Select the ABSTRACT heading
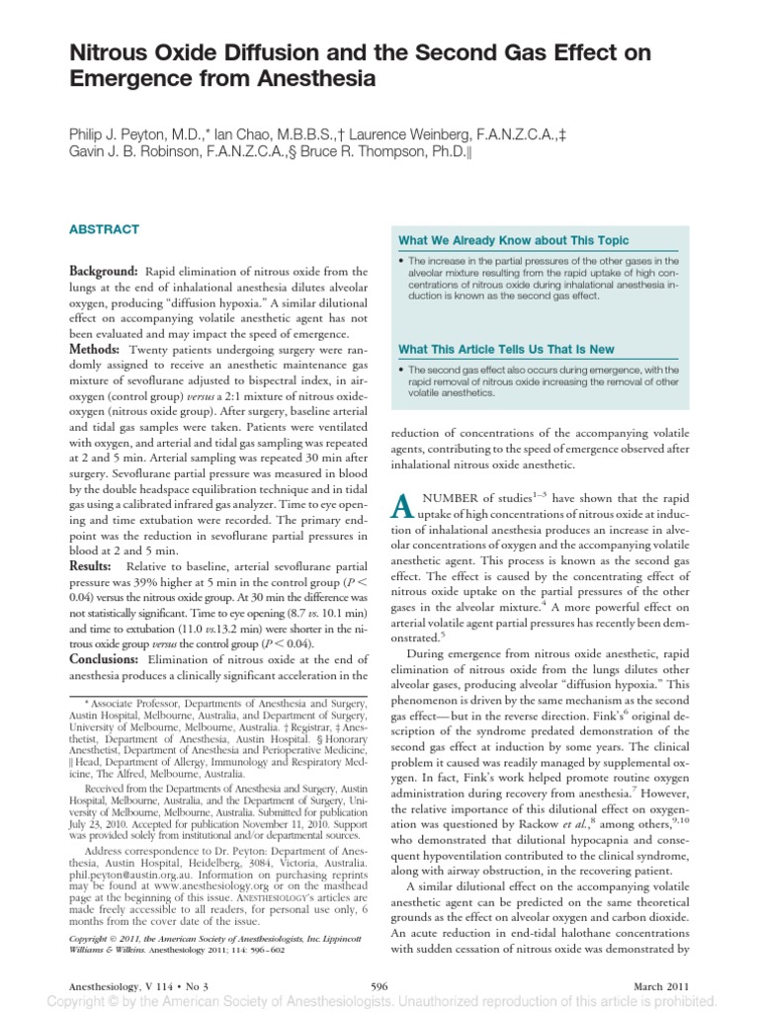pyautogui.click(x=105, y=229)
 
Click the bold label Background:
pyautogui.click(x=102, y=272)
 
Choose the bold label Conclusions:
pyautogui.click(x=107, y=659)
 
